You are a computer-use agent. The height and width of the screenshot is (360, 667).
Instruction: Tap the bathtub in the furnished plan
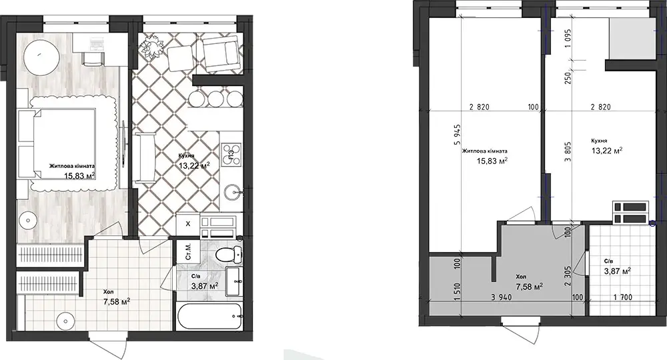tap(209, 316)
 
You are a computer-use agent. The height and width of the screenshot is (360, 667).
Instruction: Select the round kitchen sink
tap(232, 192)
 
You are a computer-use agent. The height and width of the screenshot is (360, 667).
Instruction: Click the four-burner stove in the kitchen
tap(232, 153)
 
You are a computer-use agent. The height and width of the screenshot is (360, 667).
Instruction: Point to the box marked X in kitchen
tap(187, 223)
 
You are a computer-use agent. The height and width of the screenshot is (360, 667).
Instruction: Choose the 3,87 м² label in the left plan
tap(205, 286)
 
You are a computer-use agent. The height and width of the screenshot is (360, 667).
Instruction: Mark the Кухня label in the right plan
tap(599, 141)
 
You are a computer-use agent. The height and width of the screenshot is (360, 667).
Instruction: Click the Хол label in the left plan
tap(109, 292)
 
